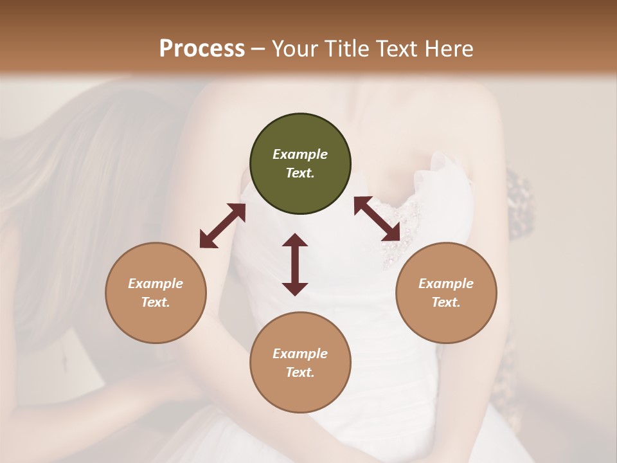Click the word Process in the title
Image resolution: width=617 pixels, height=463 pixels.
(202, 49)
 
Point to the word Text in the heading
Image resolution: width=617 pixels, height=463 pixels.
(398, 49)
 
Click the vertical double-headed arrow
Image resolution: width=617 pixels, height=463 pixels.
(295, 264)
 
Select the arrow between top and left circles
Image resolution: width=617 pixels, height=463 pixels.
(222, 226)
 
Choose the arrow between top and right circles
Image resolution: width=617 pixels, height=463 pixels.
(377, 219)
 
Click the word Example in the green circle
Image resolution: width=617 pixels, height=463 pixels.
(300, 154)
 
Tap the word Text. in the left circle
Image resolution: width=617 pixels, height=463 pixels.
(156, 302)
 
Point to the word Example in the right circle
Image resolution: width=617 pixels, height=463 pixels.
(446, 284)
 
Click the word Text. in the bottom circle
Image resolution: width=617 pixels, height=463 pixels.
(300, 372)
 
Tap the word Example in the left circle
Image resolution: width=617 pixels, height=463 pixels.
(156, 284)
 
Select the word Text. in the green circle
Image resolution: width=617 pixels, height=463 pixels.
(300, 173)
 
